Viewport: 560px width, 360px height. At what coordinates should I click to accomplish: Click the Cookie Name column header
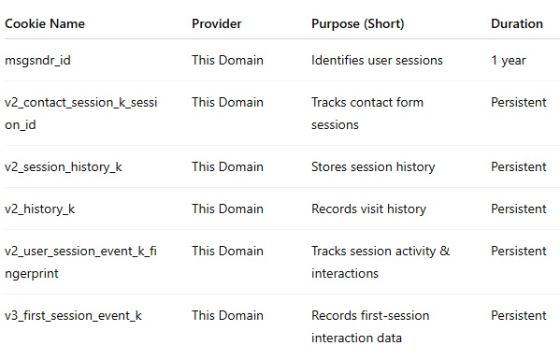(45, 24)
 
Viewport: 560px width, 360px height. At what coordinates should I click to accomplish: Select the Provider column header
(217, 24)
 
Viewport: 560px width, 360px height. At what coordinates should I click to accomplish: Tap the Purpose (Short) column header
(358, 24)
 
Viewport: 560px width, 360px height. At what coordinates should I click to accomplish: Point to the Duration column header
(517, 24)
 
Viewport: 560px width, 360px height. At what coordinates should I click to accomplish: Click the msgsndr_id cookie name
(37, 61)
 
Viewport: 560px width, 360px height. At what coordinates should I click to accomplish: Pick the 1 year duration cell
(509, 61)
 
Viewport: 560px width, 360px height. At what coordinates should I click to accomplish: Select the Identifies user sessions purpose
(377, 60)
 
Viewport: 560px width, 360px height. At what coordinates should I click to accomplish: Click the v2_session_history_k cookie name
(64, 167)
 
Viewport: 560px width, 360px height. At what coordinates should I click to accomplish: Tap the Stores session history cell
(373, 167)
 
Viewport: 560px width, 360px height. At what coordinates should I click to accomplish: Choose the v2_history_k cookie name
(40, 209)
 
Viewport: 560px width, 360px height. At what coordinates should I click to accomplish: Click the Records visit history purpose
(369, 209)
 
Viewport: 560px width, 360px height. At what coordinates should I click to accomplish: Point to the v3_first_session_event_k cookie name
(74, 316)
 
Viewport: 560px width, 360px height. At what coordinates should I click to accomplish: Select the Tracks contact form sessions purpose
(367, 113)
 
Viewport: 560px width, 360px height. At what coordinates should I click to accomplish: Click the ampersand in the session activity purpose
(445, 251)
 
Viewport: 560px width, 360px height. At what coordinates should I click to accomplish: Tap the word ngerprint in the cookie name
(32, 274)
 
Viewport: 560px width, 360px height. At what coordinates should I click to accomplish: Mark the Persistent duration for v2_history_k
(519, 209)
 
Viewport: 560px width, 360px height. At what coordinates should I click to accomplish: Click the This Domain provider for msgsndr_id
(227, 60)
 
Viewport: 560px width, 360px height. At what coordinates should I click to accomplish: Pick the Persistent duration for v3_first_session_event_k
(519, 315)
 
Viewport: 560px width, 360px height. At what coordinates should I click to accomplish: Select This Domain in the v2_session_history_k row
(227, 166)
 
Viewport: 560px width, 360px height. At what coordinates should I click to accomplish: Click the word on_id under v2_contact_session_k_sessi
(21, 125)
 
